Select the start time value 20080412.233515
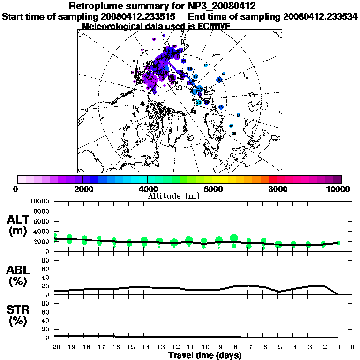pos(140,16)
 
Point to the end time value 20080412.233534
pos(321,16)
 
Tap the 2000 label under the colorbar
pos(82,189)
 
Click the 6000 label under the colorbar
pos(212,189)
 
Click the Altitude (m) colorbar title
pos(173,196)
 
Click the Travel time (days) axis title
pos(205,355)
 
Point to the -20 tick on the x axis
pos(54,347)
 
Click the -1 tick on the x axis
pos(337,347)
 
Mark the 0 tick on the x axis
pos(352,347)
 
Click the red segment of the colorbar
pos(273,179)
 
